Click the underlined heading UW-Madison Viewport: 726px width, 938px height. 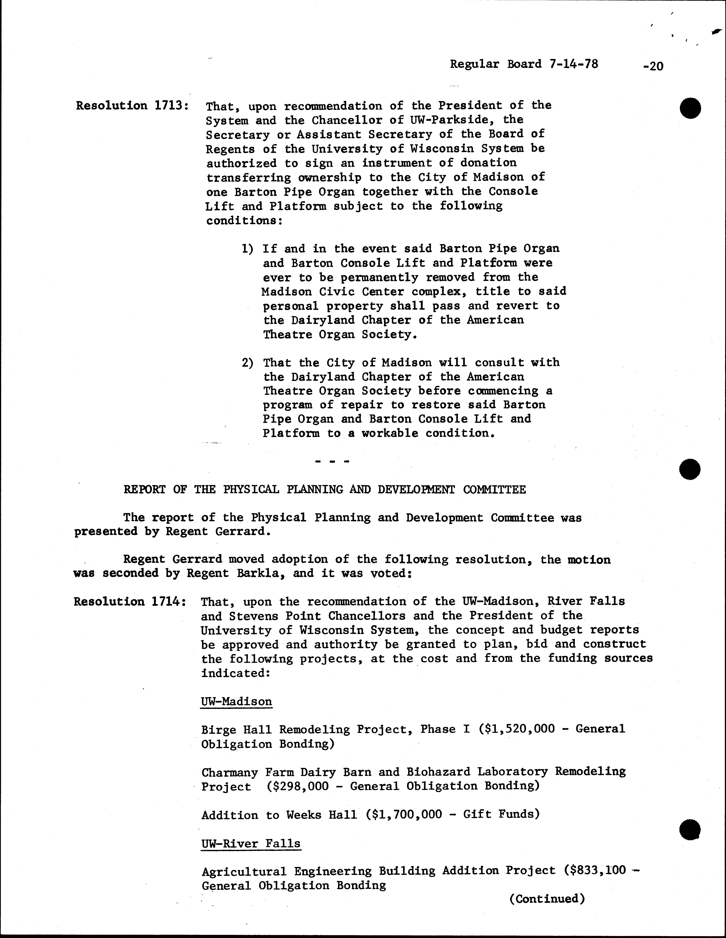point(236,702)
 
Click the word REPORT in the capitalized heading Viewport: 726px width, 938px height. point(144,490)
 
